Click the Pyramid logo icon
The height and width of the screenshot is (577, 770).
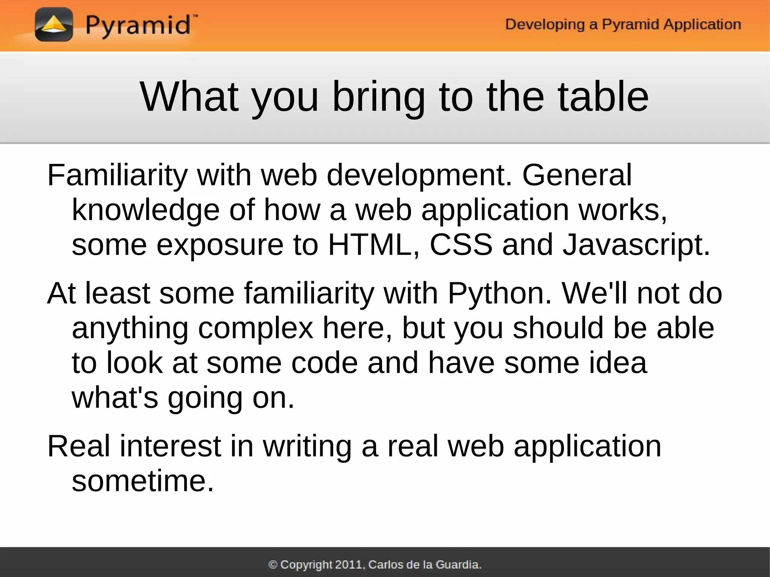[54, 25]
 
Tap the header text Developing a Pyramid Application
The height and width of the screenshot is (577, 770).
[623, 24]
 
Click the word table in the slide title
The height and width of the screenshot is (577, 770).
[603, 97]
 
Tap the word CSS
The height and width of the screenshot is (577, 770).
[461, 245]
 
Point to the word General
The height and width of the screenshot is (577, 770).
[577, 176]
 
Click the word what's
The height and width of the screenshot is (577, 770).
[115, 398]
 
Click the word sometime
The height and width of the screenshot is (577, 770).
[142, 481]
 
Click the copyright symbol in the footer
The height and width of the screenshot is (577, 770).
[273, 565]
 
